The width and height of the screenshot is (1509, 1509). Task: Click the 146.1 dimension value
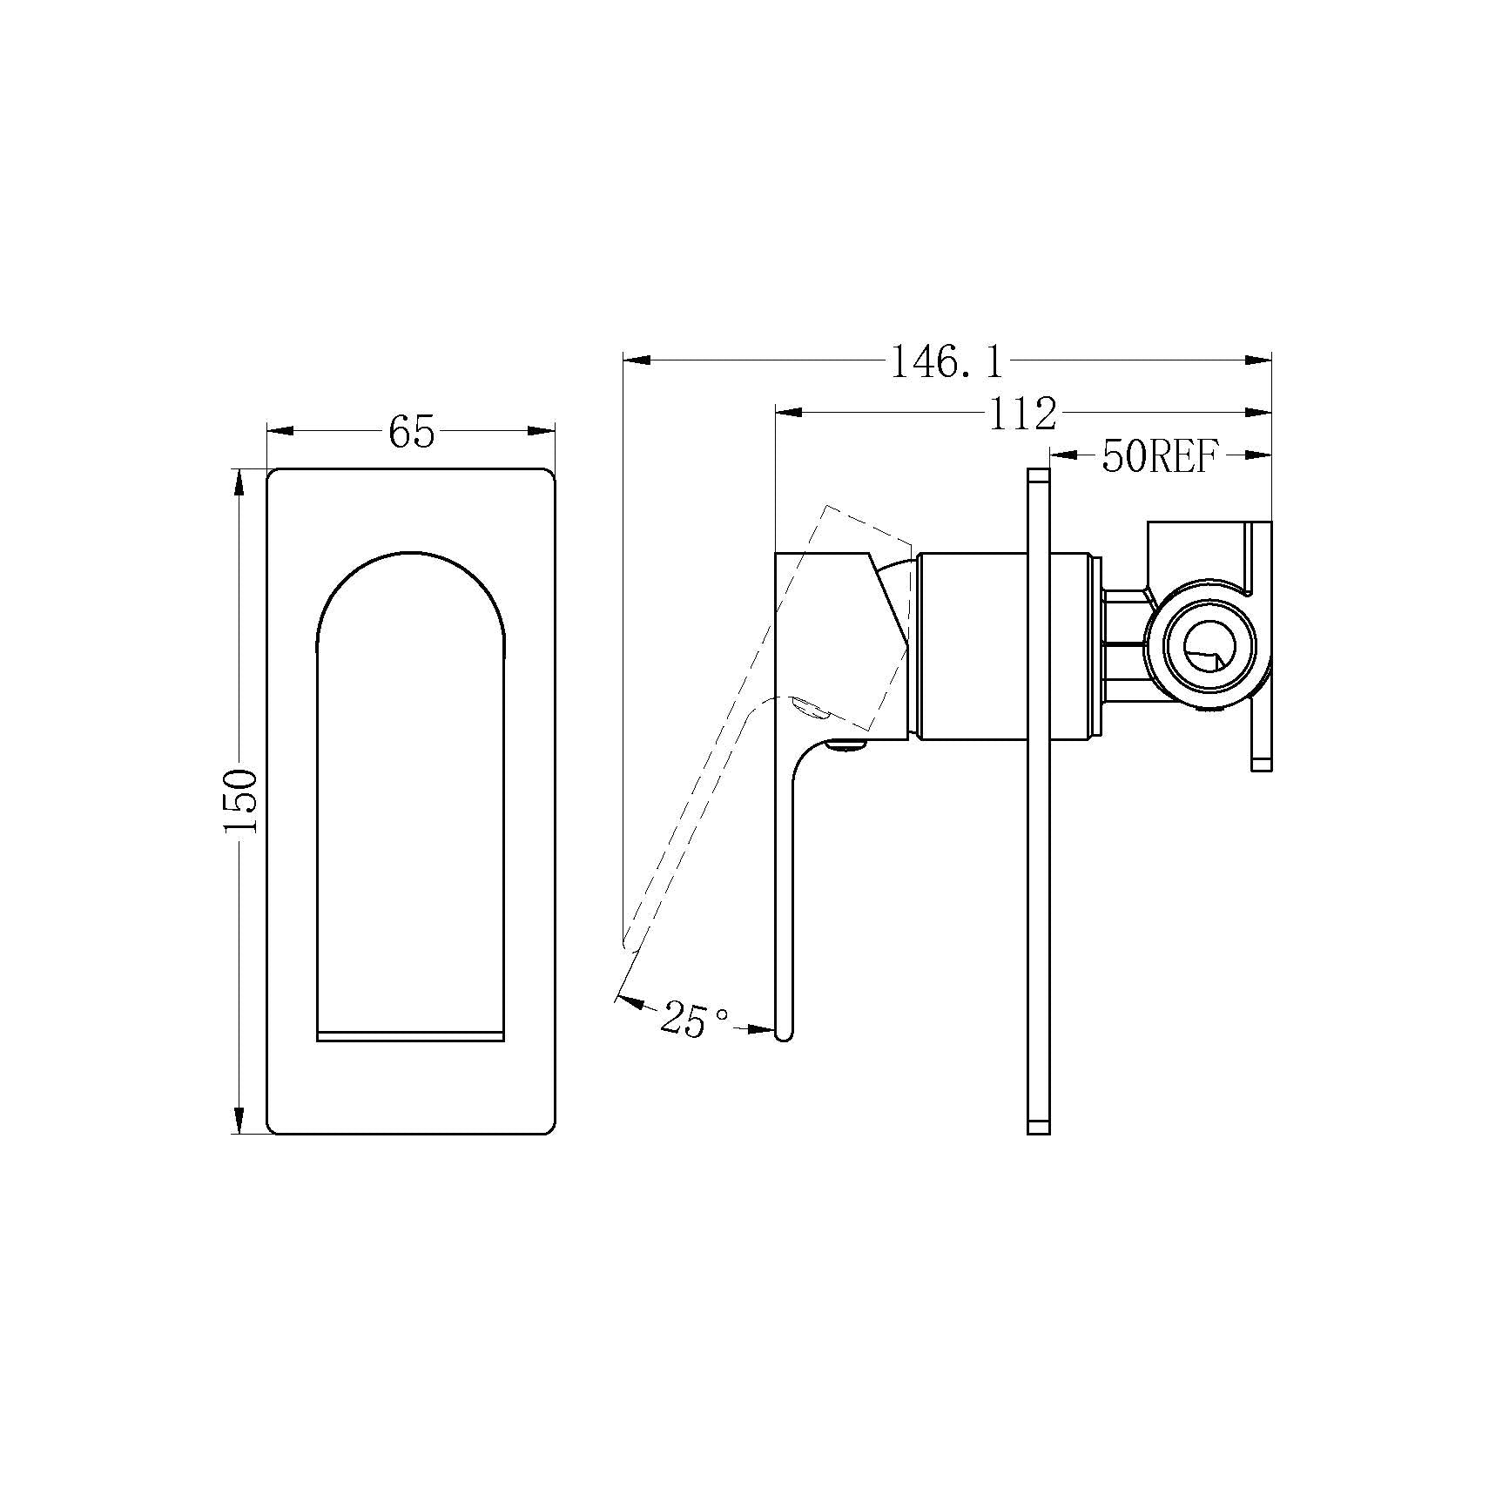[x=946, y=361]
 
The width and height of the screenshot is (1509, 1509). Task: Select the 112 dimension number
[x=1022, y=414]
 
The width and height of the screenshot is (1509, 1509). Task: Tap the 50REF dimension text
[x=1157, y=456]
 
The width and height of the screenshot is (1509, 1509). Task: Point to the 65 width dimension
[x=411, y=431]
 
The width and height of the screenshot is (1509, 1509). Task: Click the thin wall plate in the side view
[x=1039, y=801]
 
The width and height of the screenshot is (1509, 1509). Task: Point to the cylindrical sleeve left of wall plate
[x=970, y=647]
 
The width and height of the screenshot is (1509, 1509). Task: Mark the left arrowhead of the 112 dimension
[x=789, y=412]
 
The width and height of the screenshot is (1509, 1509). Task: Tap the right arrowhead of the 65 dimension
[x=541, y=430]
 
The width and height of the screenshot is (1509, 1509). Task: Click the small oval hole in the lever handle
[x=807, y=707]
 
